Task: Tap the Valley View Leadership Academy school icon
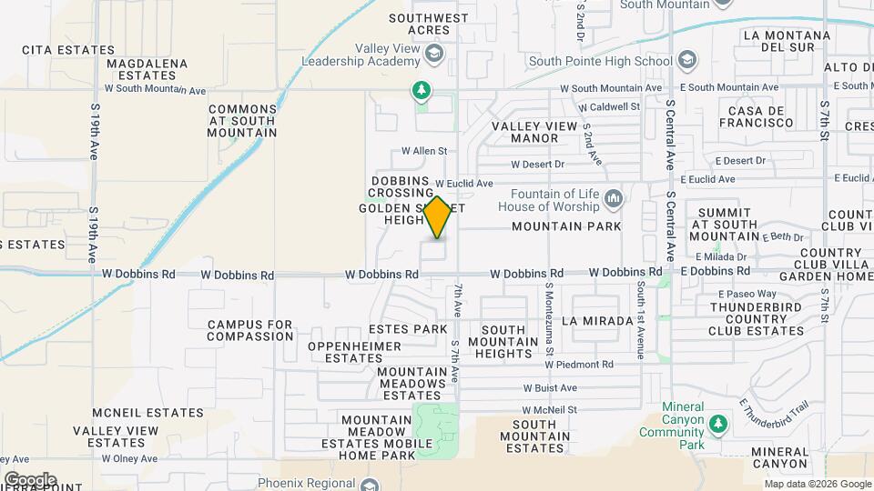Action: point(435,56)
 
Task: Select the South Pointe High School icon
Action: point(686,61)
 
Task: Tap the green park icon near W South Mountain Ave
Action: point(420,89)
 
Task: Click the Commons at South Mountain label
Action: point(242,120)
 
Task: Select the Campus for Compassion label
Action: point(249,330)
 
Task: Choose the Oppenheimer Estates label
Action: point(354,352)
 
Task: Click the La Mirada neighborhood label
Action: point(597,321)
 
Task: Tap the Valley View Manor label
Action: point(534,132)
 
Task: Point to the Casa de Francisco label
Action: point(755,115)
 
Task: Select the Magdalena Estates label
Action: point(147,69)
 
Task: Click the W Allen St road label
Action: point(425,151)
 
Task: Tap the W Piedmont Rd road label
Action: point(579,365)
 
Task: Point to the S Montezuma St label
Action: point(549,318)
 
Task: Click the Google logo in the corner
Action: point(30,480)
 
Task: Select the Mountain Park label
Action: point(566,225)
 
